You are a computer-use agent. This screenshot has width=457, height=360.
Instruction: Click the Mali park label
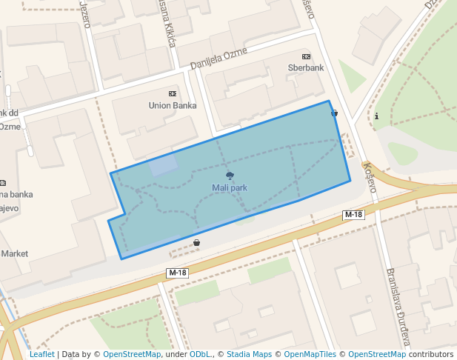pyautogui.click(x=230, y=188)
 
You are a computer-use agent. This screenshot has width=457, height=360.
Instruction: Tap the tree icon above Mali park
pyautogui.click(x=230, y=176)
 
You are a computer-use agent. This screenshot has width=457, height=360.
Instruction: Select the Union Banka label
pyautogui.click(x=173, y=105)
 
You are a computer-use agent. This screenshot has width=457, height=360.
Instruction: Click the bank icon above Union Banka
pyautogui.click(x=173, y=93)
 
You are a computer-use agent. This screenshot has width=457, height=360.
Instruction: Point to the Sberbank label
pyautogui.click(x=306, y=67)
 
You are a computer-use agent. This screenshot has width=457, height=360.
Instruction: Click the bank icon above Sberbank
pyautogui.click(x=306, y=56)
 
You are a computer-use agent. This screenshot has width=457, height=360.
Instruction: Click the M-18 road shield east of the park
pyautogui.click(x=354, y=215)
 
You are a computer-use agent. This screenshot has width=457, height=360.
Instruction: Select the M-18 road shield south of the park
pyautogui.click(x=178, y=273)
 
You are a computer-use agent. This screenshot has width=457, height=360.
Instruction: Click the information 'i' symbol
pyautogui.click(x=377, y=116)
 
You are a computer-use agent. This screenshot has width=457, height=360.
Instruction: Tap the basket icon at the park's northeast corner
pyautogui.click(x=335, y=113)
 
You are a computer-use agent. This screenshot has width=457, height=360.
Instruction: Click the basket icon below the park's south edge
pyautogui.click(x=196, y=242)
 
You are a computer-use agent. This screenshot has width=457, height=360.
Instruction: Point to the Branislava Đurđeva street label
pyautogui.click(x=397, y=307)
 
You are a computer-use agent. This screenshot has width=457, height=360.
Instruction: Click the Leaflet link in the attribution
pyautogui.click(x=42, y=354)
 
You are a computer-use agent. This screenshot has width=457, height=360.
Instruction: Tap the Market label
pyautogui.click(x=14, y=253)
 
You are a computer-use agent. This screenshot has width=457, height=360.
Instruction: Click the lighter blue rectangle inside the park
pyautogui.click(x=164, y=165)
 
